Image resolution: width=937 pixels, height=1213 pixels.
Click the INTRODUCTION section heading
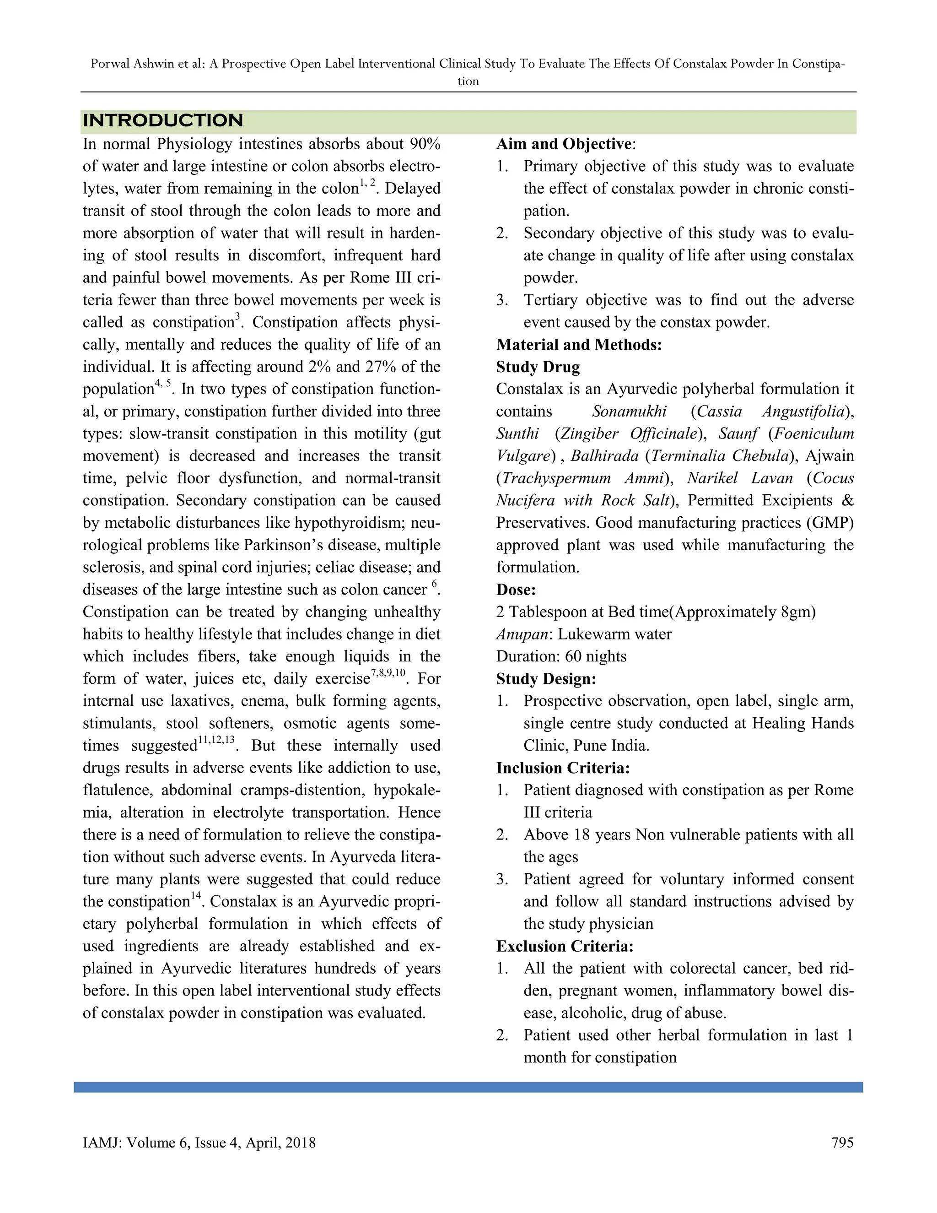tap(162, 120)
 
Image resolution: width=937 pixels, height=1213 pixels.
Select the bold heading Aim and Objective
tap(564, 144)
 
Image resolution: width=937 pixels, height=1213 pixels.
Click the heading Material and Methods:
tap(579, 345)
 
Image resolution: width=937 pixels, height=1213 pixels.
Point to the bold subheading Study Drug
tap(538, 367)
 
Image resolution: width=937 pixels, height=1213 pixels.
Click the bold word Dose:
tap(516, 590)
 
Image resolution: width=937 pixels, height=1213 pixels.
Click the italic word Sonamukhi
tap(629, 412)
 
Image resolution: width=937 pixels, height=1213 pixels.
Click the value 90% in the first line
tap(425, 144)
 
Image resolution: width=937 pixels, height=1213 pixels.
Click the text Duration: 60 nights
tap(561, 656)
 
